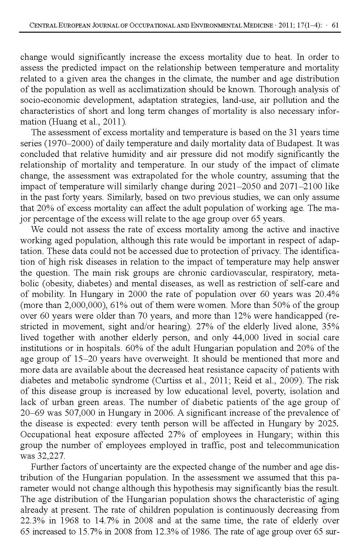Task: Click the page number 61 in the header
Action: tap(335, 25)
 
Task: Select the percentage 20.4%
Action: tap(327, 294)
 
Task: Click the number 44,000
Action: tap(246, 337)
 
